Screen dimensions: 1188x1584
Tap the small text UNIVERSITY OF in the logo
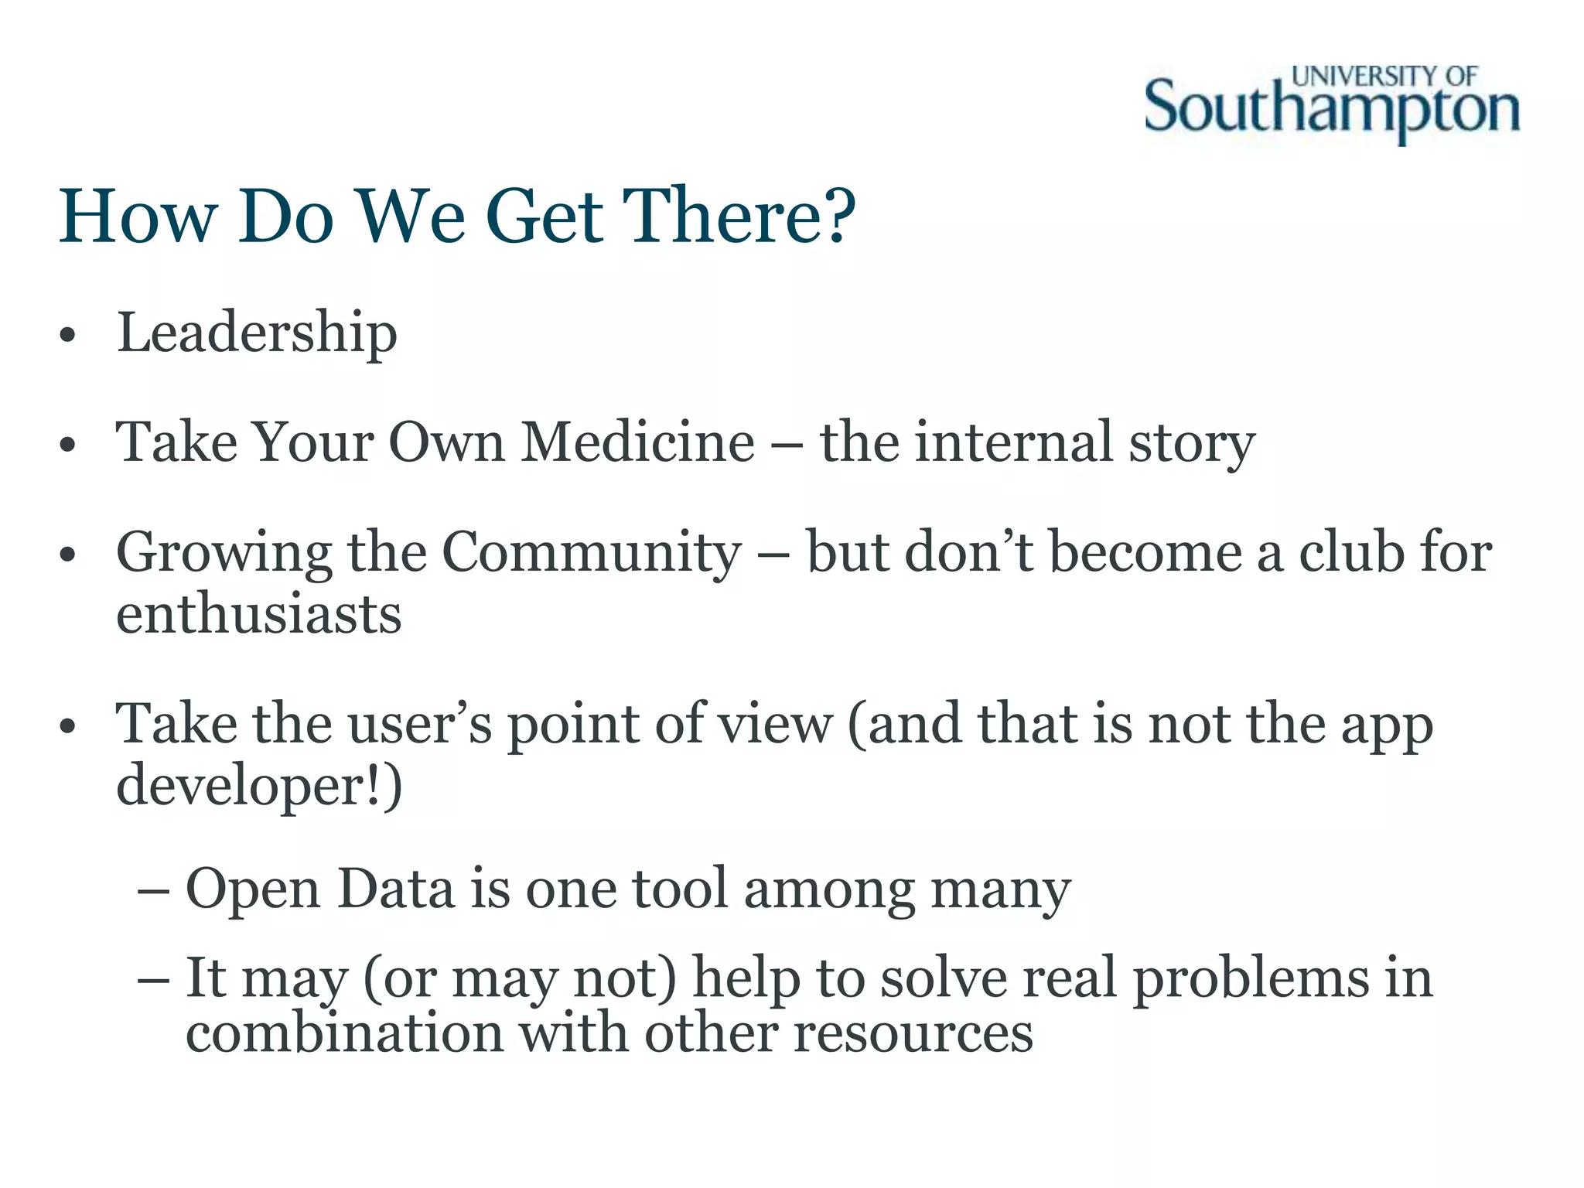point(1384,77)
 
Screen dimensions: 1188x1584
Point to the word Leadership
point(257,333)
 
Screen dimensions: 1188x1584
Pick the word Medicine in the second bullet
point(637,442)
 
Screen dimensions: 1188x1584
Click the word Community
point(591,553)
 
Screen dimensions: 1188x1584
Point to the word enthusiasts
point(259,614)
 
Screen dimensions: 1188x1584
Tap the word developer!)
point(259,786)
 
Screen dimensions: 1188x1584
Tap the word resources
point(913,1033)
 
